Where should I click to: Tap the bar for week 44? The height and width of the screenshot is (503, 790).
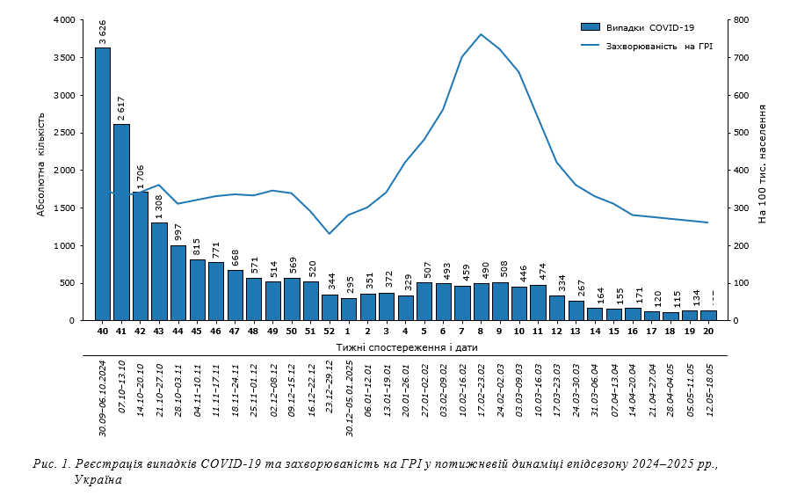coord(178,283)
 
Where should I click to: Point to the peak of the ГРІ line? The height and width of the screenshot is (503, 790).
coord(481,34)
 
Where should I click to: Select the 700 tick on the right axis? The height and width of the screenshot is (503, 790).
coord(741,57)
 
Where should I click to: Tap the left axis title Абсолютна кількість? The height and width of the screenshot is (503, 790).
coord(40,171)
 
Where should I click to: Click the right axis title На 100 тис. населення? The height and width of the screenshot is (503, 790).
coord(762,164)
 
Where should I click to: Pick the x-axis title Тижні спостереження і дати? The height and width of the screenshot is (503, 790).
coord(406,347)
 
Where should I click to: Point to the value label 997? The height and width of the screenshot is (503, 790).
coord(178,232)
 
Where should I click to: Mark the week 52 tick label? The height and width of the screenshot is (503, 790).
coord(330,332)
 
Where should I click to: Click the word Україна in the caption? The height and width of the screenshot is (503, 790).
coord(98,480)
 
